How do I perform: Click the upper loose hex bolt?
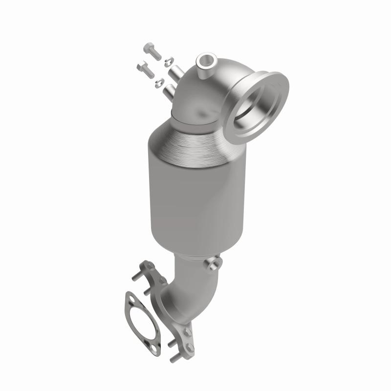152,51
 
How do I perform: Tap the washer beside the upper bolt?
168,61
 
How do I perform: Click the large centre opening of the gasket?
141,323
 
